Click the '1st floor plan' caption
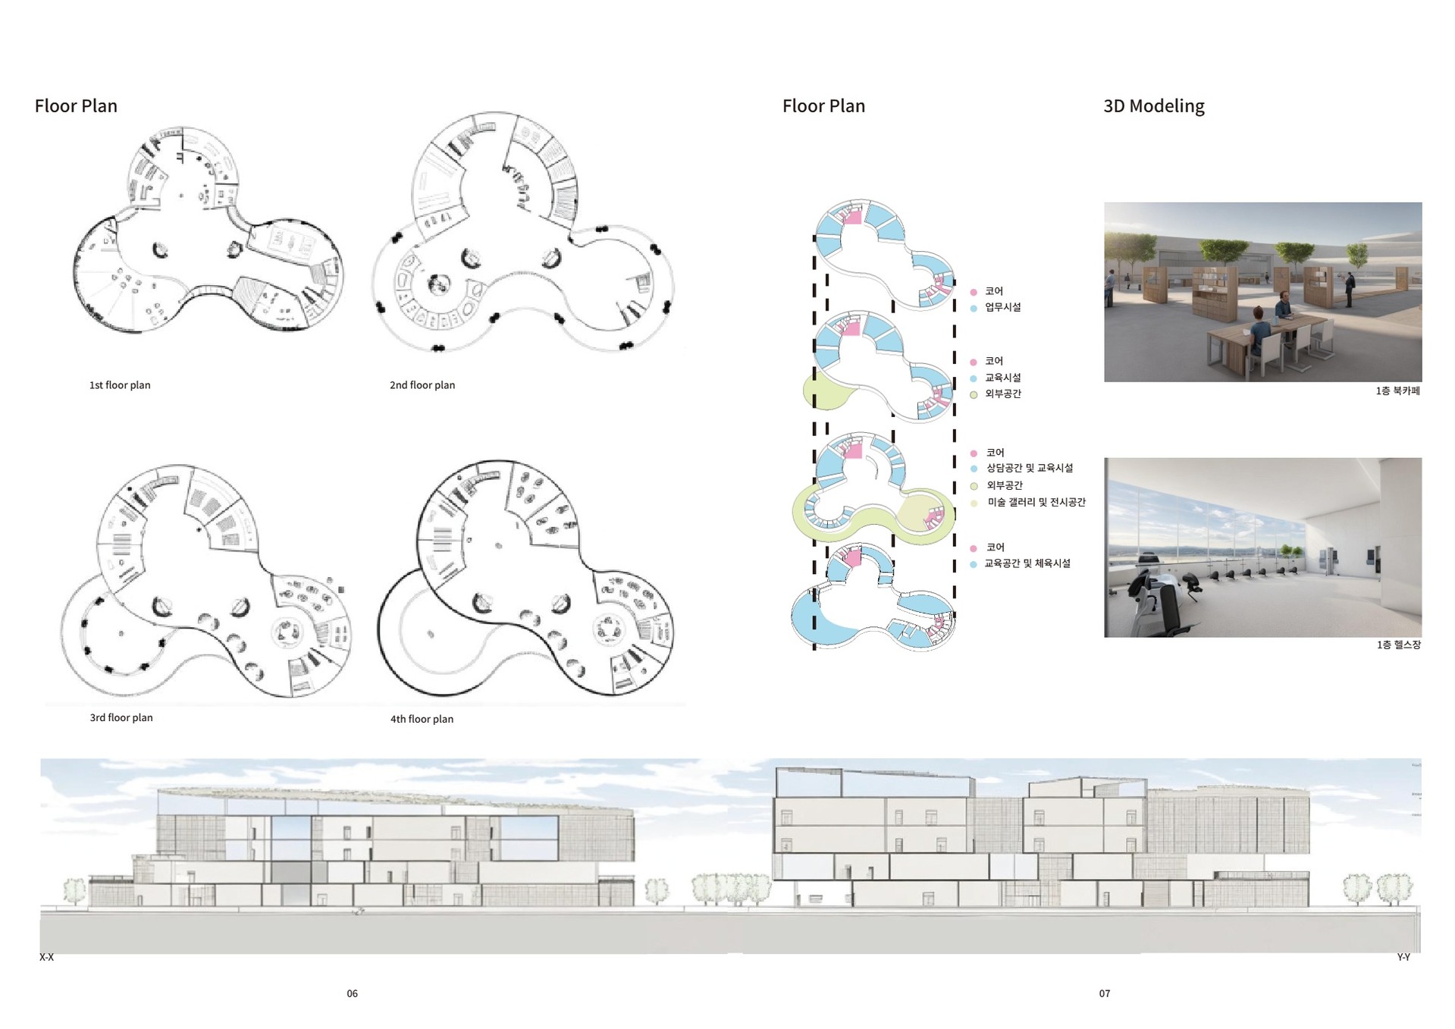[120, 385]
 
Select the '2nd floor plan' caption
[422, 385]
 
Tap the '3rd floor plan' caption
[121, 717]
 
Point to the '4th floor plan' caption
[422, 719]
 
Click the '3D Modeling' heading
[1153, 106]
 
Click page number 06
[352, 993]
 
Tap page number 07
[1104, 993]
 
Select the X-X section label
[46, 958]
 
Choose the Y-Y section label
[1403, 958]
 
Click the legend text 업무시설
[1002, 307]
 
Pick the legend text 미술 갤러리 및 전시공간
[1036, 502]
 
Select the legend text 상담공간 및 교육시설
[1029, 468]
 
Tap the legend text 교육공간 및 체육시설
[1027, 563]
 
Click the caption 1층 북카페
[1397, 391]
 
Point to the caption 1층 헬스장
[1398, 645]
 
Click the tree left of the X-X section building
[74, 890]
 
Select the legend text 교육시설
[1002, 378]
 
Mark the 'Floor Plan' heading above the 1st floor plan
[76, 106]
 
